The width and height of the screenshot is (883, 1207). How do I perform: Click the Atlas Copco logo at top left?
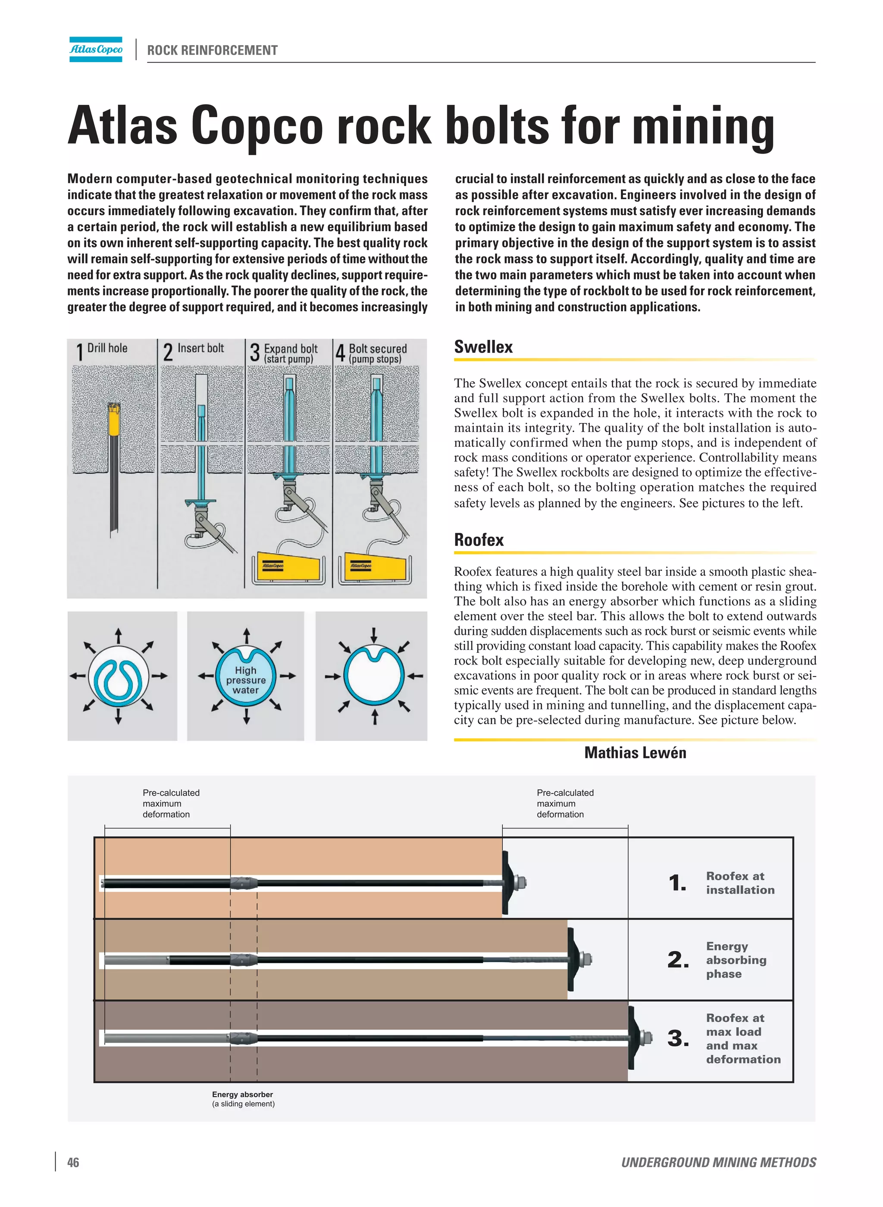(x=96, y=49)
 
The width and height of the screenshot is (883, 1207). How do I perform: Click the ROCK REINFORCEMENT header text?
(x=212, y=50)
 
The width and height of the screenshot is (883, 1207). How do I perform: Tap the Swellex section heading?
(x=483, y=347)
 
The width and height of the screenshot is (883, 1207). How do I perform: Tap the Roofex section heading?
(x=479, y=540)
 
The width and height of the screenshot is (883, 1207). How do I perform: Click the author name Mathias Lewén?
(x=635, y=752)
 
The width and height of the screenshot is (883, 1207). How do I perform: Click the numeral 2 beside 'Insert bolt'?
(x=168, y=353)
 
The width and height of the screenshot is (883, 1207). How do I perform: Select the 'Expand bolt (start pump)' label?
(x=290, y=353)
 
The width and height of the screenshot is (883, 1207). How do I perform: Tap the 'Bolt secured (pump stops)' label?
(x=377, y=353)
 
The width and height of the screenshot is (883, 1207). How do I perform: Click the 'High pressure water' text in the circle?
(x=245, y=680)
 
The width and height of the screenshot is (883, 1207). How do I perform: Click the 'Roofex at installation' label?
(x=740, y=883)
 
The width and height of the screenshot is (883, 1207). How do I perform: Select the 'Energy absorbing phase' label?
(x=736, y=959)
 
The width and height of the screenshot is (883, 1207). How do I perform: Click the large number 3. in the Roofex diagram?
(x=678, y=1038)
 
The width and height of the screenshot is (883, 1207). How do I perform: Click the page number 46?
(x=73, y=1162)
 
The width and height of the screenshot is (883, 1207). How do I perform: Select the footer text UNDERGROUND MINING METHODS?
(x=718, y=1162)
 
